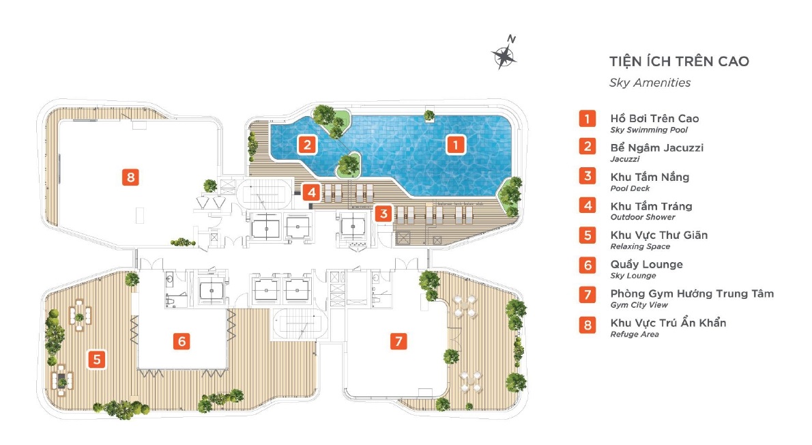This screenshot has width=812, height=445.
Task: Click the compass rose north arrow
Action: click(504, 55)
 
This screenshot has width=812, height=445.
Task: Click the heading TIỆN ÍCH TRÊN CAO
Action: click(679, 61)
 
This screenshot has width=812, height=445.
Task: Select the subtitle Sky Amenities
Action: click(650, 83)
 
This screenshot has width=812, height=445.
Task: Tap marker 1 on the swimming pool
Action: click(456, 145)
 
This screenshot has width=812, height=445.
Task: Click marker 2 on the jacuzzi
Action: click(307, 145)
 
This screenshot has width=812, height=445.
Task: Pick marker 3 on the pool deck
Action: click(383, 214)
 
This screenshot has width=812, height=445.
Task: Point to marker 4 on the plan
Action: click(311, 192)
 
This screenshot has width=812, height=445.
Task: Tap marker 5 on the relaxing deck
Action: click(97, 359)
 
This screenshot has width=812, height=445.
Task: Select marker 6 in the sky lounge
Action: click(182, 341)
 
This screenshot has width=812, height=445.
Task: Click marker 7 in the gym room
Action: click(398, 341)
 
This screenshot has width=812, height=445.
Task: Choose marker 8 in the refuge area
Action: click(130, 177)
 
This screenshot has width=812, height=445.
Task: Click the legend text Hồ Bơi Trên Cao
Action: click(654, 119)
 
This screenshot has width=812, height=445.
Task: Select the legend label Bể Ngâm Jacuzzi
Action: click(656, 147)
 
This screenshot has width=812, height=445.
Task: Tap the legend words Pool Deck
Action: click(630, 188)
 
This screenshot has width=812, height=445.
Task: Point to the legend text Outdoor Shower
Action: click(643, 218)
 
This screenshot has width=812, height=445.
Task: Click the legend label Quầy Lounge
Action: click(646, 265)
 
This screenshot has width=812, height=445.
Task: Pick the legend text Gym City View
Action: click(639, 305)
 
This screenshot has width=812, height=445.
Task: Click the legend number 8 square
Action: click(588, 325)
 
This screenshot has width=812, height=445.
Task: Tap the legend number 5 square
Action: click(588, 235)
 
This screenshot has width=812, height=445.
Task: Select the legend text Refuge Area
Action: click(635, 334)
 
